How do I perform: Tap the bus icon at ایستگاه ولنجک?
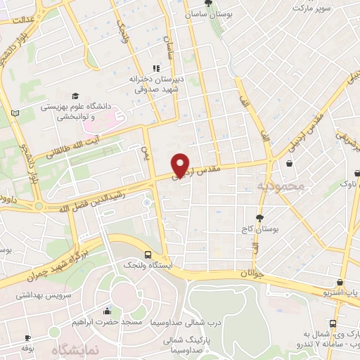[148, 255]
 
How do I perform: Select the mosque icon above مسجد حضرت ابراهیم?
[107, 311]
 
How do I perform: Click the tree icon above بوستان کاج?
[259, 217]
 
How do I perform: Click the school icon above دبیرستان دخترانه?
[156, 68]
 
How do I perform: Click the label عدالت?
[21, 21]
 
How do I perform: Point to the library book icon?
[15, 112]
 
